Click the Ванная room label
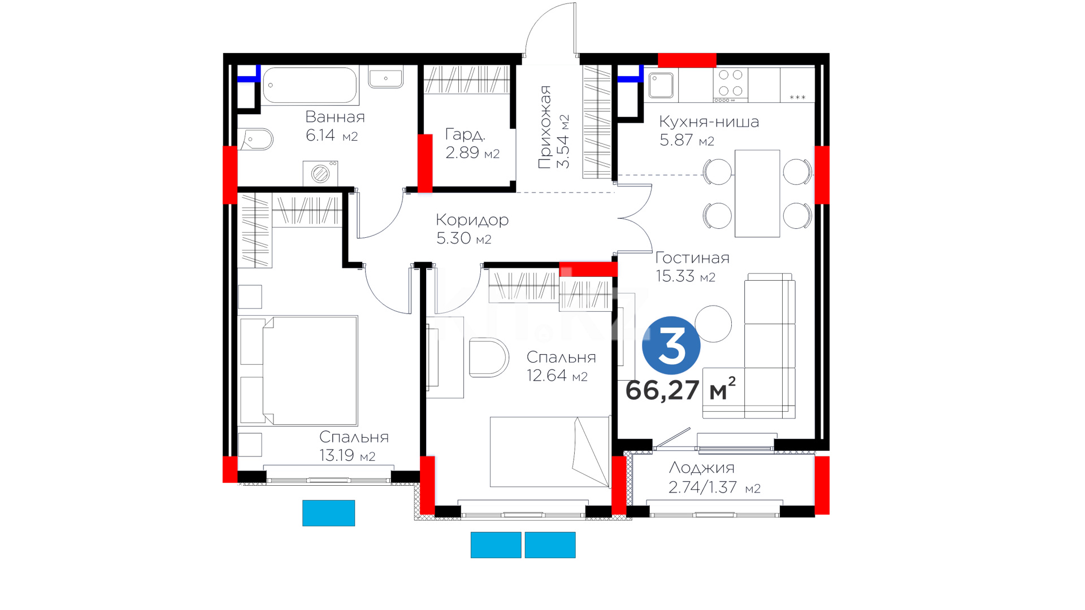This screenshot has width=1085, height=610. (335, 117)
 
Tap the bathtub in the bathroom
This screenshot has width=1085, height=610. (310, 85)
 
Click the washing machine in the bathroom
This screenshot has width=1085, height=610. (320, 173)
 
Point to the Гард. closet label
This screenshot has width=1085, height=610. (465, 134)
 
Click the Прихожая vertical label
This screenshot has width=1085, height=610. (545, 127)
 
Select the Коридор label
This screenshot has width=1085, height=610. (472, 220)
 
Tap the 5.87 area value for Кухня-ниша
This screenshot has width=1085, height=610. (676, 140)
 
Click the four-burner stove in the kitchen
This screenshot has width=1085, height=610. (730, 85)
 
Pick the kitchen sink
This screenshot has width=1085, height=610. (661, 85)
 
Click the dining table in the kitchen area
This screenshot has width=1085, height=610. (757, 193)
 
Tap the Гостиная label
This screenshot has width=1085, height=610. (692, 258)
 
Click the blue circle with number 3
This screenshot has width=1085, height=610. (671, 345)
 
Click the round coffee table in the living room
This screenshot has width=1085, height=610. (713, 324)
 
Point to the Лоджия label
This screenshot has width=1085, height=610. (702, 468)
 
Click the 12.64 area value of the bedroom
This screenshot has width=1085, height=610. (546, 376)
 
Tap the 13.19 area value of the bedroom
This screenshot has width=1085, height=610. (337, 455)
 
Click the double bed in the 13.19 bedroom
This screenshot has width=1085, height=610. (299, 371)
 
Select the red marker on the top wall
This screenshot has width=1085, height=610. (687, 60)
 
